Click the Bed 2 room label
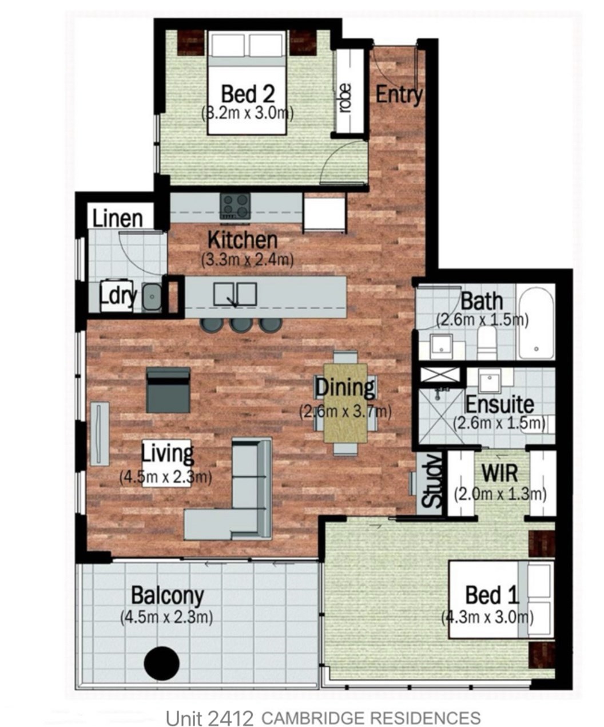point(248,94)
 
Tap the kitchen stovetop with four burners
point(235,206)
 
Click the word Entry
point(399,94)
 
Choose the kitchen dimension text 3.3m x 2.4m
point(247,260)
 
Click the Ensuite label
point(500,405)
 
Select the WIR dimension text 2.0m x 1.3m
point(500,494)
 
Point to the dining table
point(345,403)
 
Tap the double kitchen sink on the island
point(235,295)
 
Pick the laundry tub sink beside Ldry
point(152,297)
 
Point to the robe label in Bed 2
point(345,98)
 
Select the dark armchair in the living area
point(168,390)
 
